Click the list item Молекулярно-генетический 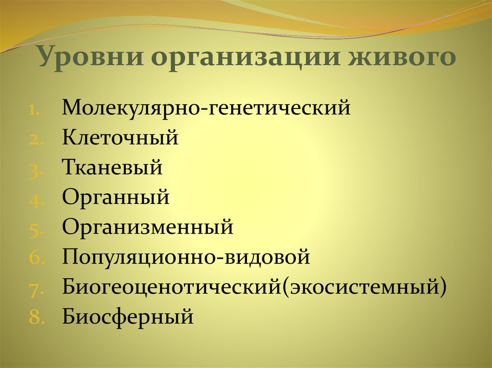pyautogui.click(x=206, y=108)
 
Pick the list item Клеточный pyautogui.click(x=120, y=138)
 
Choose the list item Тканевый pyautogui.click(x=112, y=168)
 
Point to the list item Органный pyautogui.click(x=115, y=198)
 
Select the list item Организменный pyautogui.click(x=148, y=227)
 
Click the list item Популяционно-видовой pyautogui.click(x=186, y=257)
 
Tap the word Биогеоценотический pyautogui.click(x=171, y=287)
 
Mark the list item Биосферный pyautogui.click(x=128, y=317)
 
